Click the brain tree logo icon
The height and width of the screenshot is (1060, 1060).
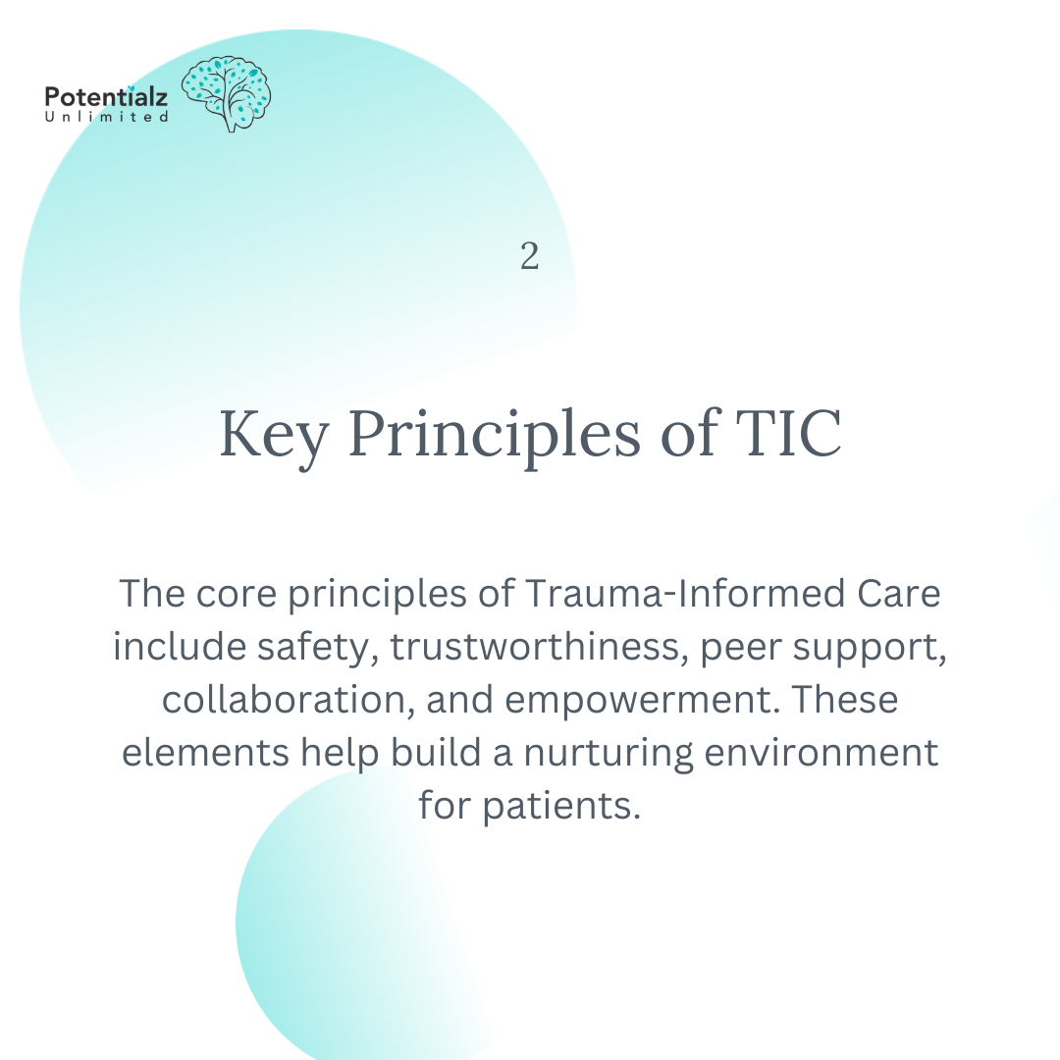tap(227, 94)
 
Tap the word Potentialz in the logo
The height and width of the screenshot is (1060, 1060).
tap(106, 97)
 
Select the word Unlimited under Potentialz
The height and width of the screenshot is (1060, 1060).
tap(106, 117)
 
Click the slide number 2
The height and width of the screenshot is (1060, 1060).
tap(529, 257)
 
